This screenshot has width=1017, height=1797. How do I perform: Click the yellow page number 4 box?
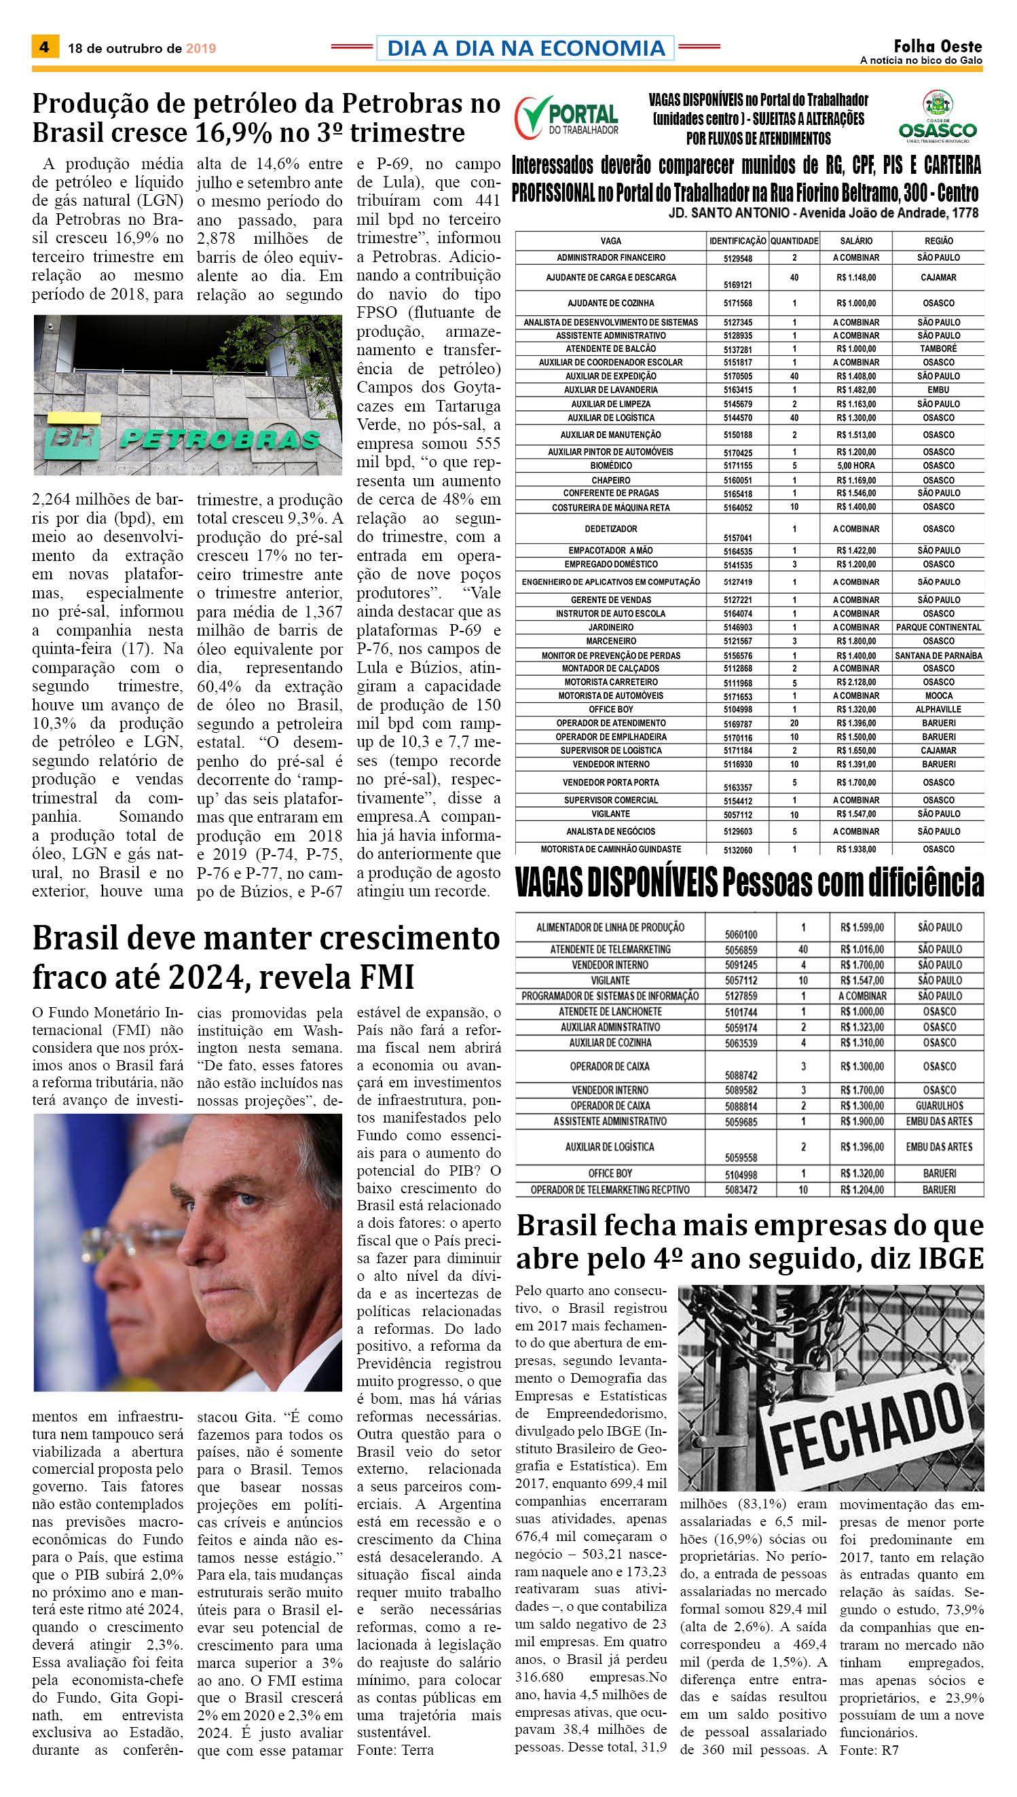pos(45,47)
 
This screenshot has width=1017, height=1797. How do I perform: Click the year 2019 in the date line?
pos(200,48)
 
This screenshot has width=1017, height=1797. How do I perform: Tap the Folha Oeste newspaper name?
pos(938,46)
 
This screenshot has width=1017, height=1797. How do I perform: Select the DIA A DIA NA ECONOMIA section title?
pos(525,48)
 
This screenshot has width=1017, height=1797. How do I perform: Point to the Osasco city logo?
pos(938,115)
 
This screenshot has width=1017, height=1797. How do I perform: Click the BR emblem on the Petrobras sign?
pos(73,437)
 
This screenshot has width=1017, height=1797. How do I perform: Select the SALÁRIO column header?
pos(855,240)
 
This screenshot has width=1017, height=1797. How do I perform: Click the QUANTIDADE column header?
pos(794,240)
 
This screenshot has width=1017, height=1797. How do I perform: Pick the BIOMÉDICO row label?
pos(610,465)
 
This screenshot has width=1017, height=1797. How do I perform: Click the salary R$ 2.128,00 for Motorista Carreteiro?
pos(855,682)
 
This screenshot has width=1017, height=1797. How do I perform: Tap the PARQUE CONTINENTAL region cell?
pos(938,628)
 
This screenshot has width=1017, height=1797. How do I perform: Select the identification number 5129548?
pos(737,259)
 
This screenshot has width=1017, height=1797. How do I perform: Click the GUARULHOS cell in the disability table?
pos(939,1106)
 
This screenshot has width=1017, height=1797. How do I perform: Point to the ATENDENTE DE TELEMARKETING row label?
pos(610,949)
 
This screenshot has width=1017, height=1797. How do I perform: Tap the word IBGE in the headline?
pos(950,1258)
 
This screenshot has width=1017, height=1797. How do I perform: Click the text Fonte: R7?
pos(869,1749)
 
